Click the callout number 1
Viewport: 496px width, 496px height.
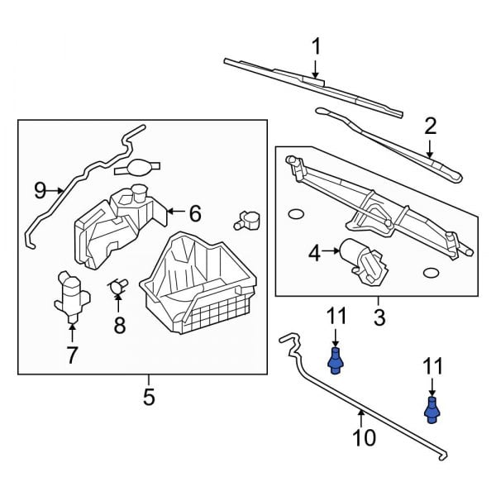[316, 46]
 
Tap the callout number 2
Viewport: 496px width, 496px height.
[430, 126]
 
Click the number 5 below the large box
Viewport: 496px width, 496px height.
[149, 397]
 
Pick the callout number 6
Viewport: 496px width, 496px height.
[195, 213]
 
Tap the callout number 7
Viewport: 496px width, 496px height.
[72, 355]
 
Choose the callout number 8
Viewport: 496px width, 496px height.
[120, 326]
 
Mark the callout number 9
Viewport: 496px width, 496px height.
[40, 191]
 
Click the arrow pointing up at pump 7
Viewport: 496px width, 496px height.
[72, 333]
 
